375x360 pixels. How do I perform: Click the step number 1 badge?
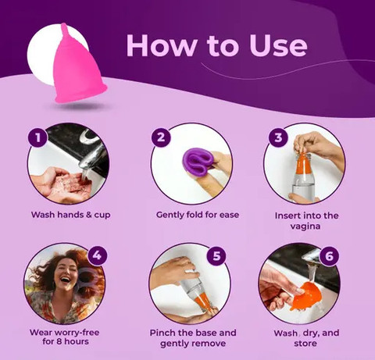[x=38, y=137]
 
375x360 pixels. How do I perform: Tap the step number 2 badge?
[x=161, y=137]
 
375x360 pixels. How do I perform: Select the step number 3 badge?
[x=278, y=137]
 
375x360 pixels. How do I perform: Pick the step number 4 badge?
[x=97, y=255]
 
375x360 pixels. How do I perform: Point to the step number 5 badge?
[x=216, y=255]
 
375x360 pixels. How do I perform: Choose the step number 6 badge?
[x=329, y=255]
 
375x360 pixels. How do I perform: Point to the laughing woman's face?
[x=64, y=274]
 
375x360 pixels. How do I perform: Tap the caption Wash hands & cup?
[x=71, y=215]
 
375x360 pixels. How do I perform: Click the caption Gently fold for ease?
[x=198, y=215]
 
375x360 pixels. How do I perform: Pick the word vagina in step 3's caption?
[x=305, y=226]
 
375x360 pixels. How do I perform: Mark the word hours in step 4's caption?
[x=77, y=341]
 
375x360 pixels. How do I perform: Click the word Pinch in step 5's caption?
[x=162, y=333]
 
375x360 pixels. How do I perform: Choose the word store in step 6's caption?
[x=305, y=344]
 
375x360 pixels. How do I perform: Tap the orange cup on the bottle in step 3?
[x=304, y=163]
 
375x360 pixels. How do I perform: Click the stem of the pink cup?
[x=65, y=30]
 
